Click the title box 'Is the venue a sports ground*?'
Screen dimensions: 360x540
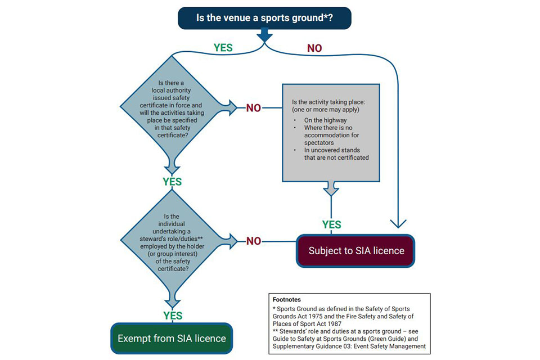point(264,17)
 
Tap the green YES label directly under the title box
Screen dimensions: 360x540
point(223,48)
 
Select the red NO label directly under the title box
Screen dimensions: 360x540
point(314,48)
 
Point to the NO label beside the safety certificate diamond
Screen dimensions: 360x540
point(253,108)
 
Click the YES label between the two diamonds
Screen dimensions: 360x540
point(172,182)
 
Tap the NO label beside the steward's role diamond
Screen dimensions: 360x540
point(253,241)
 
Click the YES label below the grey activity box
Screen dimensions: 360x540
point(331,225)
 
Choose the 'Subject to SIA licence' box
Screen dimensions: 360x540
point(355,250)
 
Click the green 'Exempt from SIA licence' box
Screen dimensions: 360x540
point(172,338)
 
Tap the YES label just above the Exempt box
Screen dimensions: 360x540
point(172,316)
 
